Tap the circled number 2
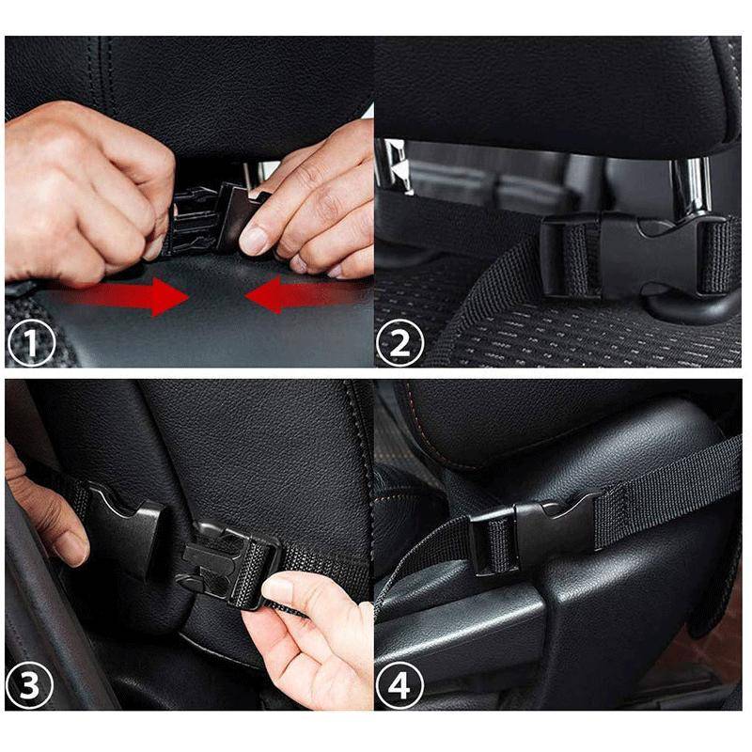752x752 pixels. [x=399, y=344]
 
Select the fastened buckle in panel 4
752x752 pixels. [x=536, y=534]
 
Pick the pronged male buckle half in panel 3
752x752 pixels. [x=226, y=562]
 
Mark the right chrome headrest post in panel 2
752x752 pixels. [x=697, y=188]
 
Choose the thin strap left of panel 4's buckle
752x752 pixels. [x=423, y=564]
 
